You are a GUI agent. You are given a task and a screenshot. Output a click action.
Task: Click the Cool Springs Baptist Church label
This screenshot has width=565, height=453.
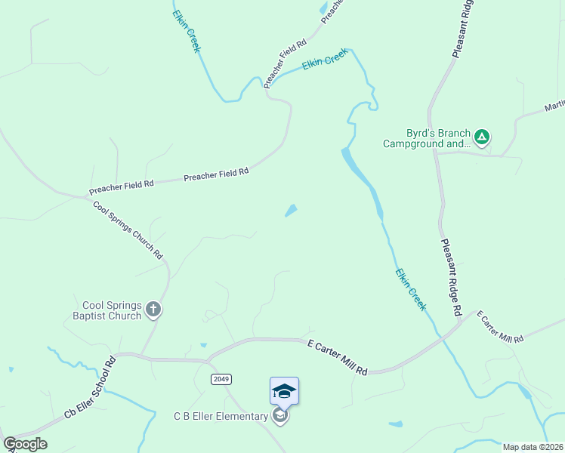pyautogui.click(x=112, y=310)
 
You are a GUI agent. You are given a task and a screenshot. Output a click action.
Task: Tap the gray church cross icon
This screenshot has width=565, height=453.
pyautogui.click(x=153, y=308)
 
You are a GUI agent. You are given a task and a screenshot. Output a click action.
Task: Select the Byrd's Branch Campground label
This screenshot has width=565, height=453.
pyautogui.click(x=426, y=138)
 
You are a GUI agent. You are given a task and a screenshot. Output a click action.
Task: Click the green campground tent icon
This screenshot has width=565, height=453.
pyautogui.click(x=482, y=137)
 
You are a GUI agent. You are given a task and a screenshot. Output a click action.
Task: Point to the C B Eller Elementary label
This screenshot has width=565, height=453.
pyautogui.click(x=221, y=416)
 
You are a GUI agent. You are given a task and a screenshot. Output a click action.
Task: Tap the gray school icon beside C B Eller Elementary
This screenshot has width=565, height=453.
pyautogui.click(x=280, y=416)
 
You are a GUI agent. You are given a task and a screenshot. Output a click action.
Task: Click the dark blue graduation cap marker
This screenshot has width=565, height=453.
pyautogui.click(x=284, y=391)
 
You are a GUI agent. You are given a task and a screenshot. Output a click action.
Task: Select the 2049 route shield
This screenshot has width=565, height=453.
pyautogui.click(x=221, y=379)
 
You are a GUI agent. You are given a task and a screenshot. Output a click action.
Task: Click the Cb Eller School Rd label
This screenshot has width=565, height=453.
pyautogui.click(x=89, y=387)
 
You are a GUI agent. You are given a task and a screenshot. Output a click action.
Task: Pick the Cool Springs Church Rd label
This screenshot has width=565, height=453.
pyautogui.click(x=128, y=230)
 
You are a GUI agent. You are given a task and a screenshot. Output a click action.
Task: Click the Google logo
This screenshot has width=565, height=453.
pyautogui.click(x=25, y=444)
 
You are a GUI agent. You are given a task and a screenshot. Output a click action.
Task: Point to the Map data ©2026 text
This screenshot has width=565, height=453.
pyautogui.click(x=532, y=447)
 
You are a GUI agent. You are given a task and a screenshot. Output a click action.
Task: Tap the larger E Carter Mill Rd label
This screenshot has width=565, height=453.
pyautogui.click(x=338, y=357)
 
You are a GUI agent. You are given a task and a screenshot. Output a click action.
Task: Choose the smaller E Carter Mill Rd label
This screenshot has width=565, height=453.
pyautogui.click(x=499, y=326)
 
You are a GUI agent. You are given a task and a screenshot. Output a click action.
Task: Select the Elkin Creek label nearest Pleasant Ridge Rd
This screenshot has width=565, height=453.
pyautogui.click(x=411, y=289)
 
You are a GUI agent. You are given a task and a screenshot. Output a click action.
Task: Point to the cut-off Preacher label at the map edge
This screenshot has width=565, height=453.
pyautogui.click(x=332, y=10)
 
